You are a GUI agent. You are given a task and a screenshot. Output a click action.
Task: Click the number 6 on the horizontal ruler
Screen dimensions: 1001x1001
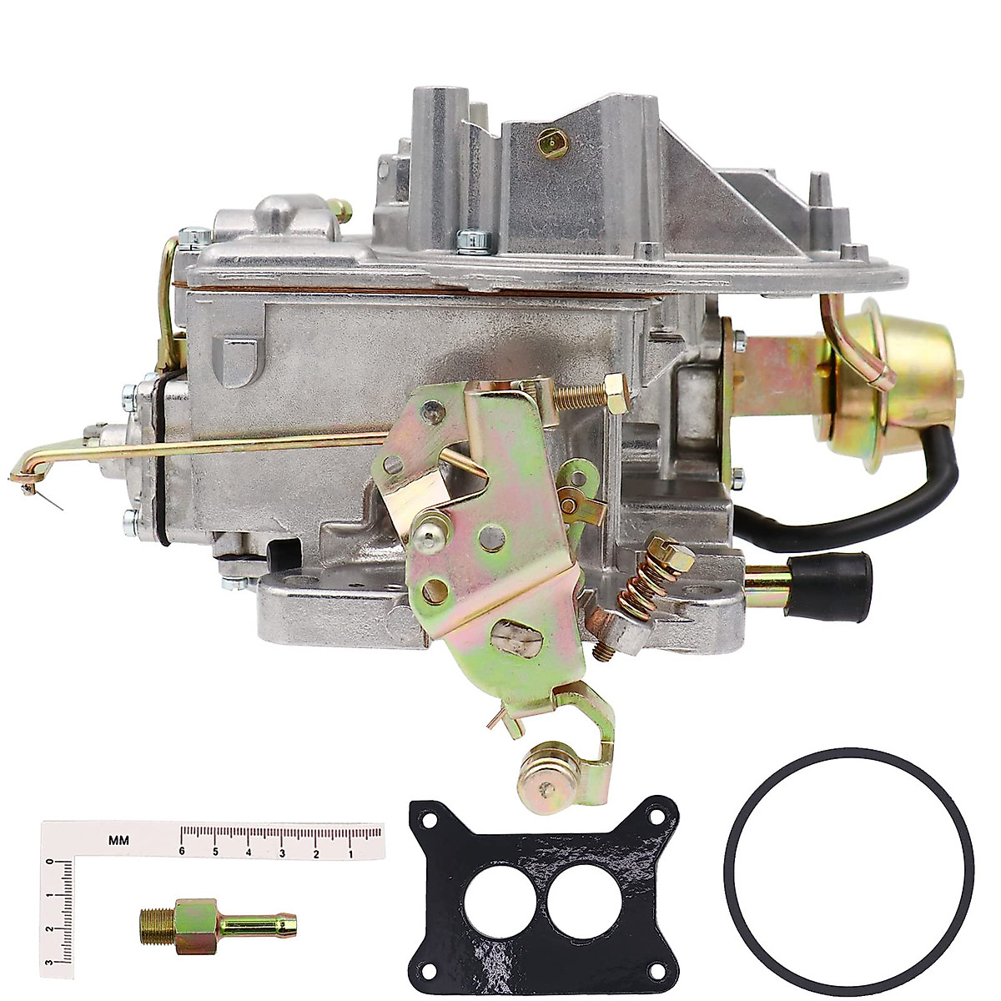click(x=181, y=852)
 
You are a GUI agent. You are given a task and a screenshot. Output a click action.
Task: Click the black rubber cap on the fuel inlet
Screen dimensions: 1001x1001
click(x=845, y=580)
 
